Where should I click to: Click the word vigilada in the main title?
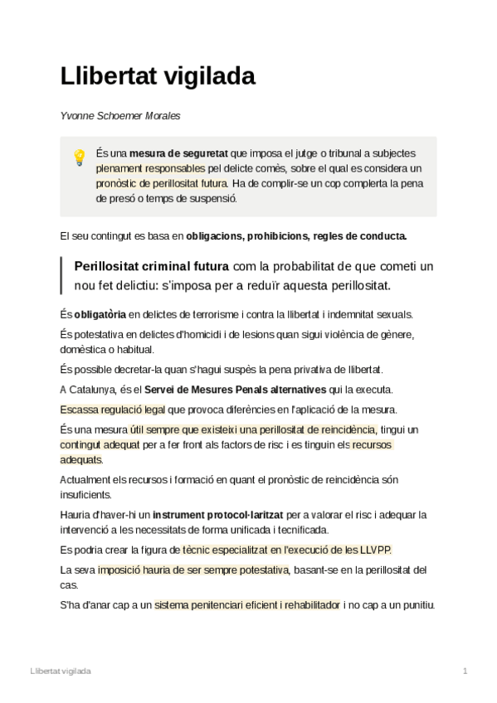207,75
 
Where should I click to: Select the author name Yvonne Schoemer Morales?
120,116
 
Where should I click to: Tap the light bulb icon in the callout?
80,157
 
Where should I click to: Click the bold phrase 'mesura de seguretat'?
178,153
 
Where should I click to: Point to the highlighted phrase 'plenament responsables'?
150,168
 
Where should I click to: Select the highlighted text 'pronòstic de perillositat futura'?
162,183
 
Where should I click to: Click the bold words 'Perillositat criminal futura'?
153,267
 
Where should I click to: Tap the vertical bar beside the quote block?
62,276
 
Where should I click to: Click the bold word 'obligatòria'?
100,315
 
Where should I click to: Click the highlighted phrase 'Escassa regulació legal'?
113,410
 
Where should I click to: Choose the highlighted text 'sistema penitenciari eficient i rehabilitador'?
246,605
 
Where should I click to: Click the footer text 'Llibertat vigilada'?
60,670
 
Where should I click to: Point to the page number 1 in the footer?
465,670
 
